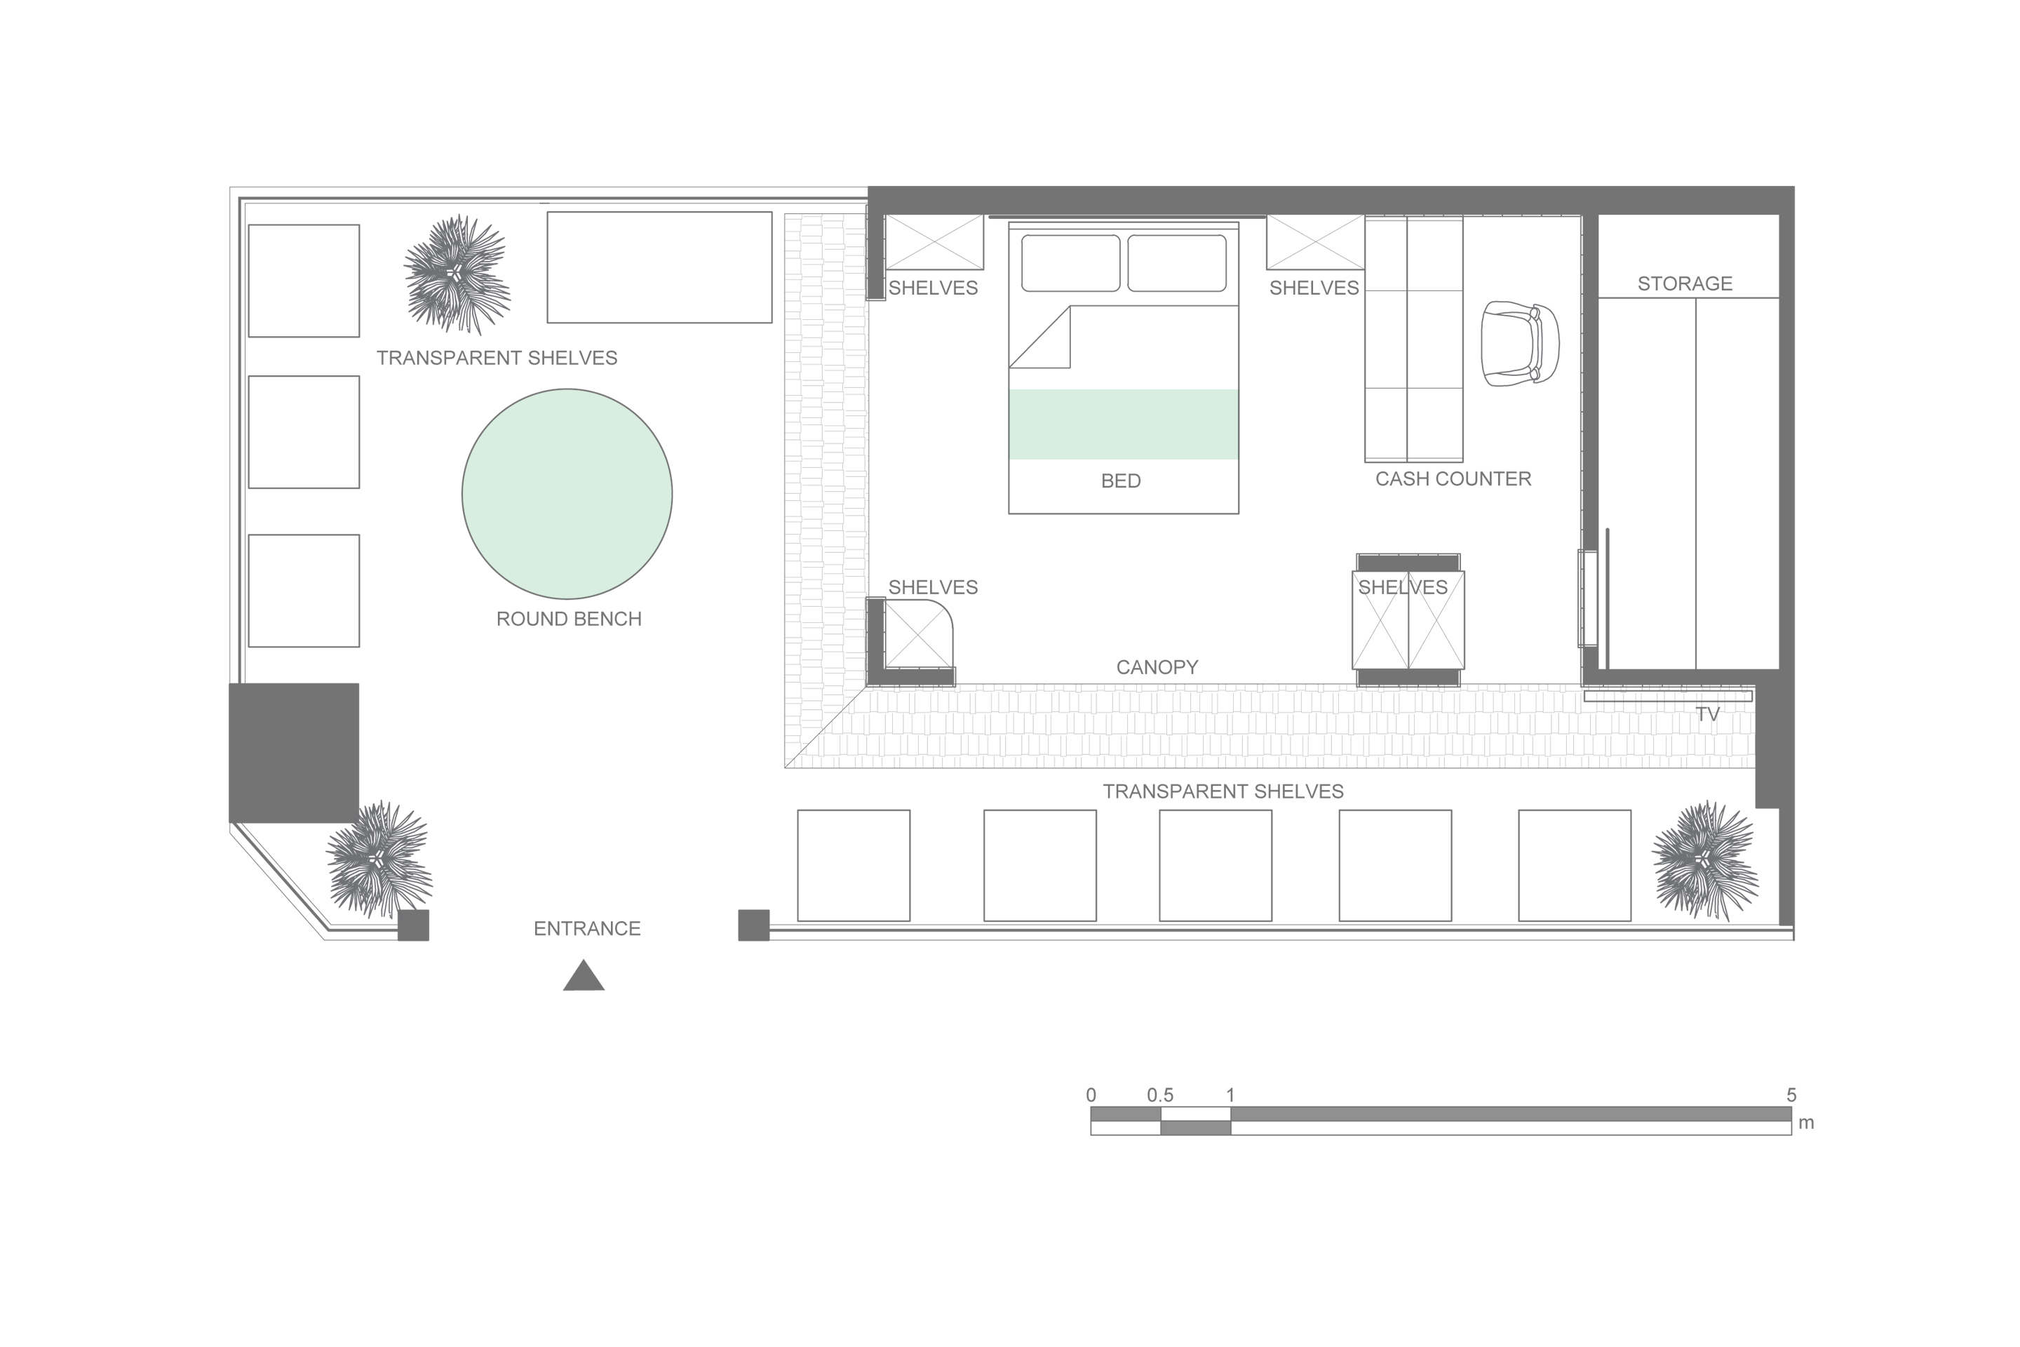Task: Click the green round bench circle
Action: click(567, 494)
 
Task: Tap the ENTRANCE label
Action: click(588, 929)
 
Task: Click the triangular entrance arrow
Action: click(584, 975)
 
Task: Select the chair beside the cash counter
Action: click(1519, 344)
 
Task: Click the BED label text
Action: click(1121, 481)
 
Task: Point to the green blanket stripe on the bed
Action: click(1124, 424)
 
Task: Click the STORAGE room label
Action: click(1685, 283)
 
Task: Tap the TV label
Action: click(1707, 715)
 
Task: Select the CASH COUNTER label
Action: click(1453, 478)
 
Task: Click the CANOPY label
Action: click(1157, 667)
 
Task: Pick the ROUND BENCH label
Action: click(569, 619)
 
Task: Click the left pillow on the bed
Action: click(1070, 263)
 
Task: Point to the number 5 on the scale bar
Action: click(1791, 1095)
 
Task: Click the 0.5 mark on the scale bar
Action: click(1160, 1095)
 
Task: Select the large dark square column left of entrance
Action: click(294, 753)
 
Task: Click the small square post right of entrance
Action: click(754, 925)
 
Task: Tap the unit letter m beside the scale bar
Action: click(1806, 1122)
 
